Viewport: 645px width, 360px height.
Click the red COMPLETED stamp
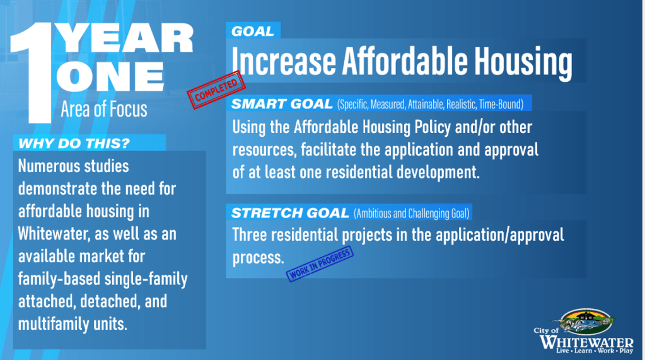(x=216, y=90)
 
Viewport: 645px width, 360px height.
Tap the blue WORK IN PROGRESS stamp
(x=320, y=264)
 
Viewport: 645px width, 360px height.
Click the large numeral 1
(x=33, y=73)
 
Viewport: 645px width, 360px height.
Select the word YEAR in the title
(x=125, y=38)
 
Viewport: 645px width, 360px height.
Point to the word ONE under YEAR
(x=110, y=77)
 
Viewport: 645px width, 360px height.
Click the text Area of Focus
(x=103, y=110)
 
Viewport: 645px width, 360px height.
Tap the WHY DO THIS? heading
(x=74, y=143)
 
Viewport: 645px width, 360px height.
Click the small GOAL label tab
(x=253, y=32)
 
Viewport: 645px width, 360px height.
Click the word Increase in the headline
(x=284, y=61)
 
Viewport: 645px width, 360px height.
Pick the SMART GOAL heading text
(x=282, y=103)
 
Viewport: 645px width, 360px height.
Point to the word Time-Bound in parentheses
(x=501, y=105)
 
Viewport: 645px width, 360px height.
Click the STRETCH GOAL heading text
(x=290, y=213)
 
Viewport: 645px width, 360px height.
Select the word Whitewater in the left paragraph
(x=54, y=234)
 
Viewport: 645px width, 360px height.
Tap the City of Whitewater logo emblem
(x=586, y=322)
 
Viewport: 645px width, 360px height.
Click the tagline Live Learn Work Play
(x=595, y=351)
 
